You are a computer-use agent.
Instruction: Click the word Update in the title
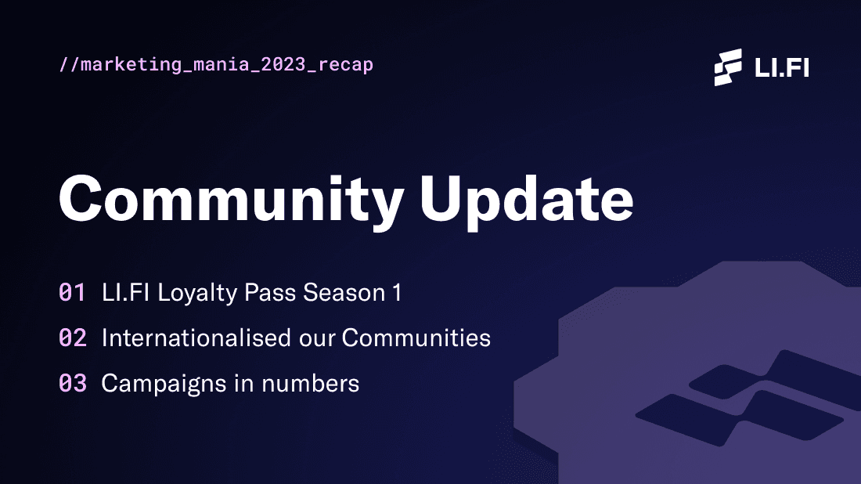click(x=527, y=198)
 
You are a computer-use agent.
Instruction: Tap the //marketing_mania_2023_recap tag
click(x=216, y=64)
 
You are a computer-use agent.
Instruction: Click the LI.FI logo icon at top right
click(x=728, y=67)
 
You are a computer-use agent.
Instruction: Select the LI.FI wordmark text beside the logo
click(x=781, y=67)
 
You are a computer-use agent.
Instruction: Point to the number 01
click(x=72, y=293)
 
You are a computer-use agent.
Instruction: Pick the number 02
click(x=72, y=338)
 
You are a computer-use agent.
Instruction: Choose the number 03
click(x=72, y=384)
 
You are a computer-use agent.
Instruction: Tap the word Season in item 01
click(x=344, y=293)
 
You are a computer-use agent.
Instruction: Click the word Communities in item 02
click(x=416, y=338)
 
